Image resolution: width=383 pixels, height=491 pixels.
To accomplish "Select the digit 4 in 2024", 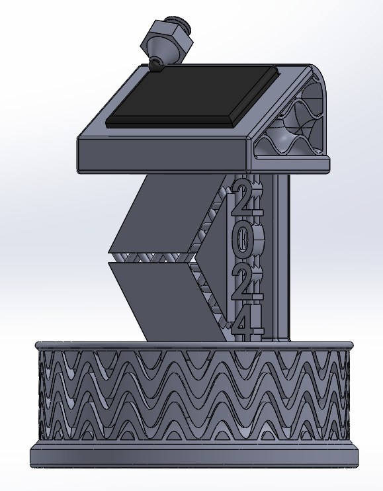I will click(x=243, y=324).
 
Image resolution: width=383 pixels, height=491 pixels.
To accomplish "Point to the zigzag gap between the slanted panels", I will click(x=152, y=257).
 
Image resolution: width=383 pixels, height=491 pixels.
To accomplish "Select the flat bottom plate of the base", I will click(x=192, y=457).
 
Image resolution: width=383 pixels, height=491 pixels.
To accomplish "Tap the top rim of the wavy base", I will click(x=192, y=345).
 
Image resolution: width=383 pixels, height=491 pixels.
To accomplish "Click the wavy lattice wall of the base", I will click(x=192, y=397).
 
